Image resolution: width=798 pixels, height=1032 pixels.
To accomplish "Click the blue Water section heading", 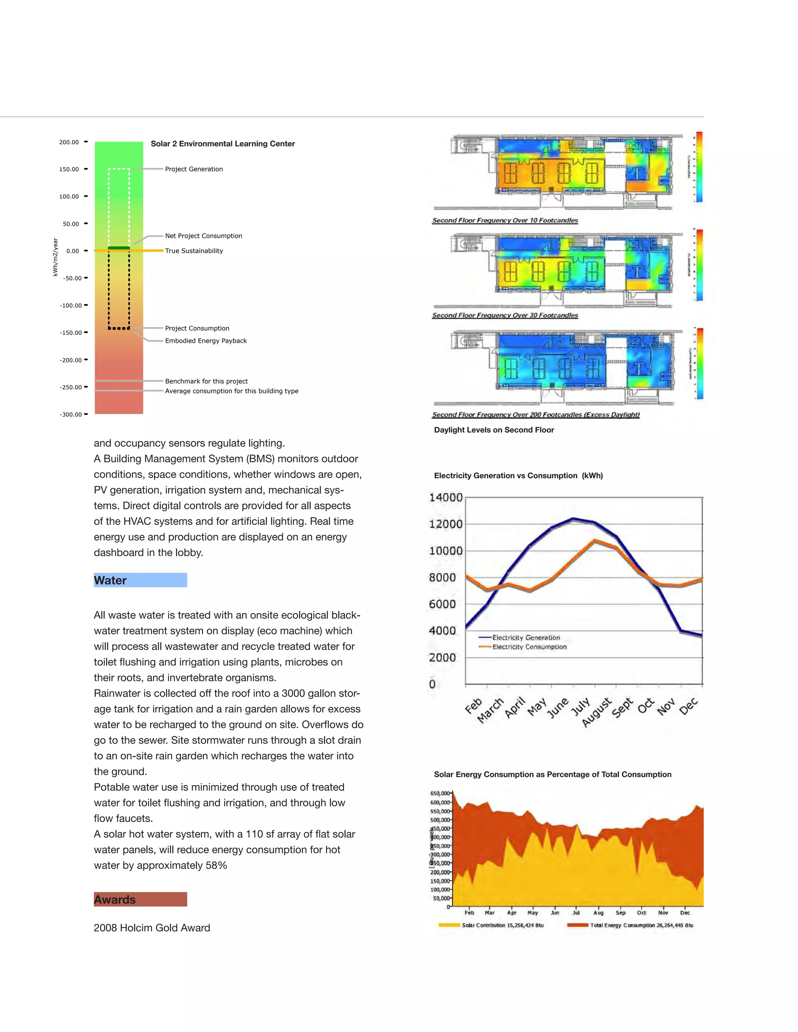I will pyautogui.click(x=140, y=580).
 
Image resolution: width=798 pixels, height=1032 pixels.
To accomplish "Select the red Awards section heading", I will pyautogui.click(x=140, y=899).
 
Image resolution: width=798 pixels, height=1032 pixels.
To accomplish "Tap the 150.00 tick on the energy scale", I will pyautogui.click(x=69, y=169).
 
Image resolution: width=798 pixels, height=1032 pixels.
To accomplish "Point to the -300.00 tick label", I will pyautogui.click(x=71, y=414).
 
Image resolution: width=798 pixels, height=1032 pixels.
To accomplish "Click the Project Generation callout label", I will pyautogui.click(x=194, y=169).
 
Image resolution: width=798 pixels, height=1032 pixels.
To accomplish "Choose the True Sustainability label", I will pyautogui.click(x=194, y=251).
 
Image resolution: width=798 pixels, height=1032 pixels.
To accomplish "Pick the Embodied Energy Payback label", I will pyautogui.click(x=206, y=341).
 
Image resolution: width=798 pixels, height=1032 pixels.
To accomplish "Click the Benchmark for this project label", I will pyautogui.click(x=206, y=381).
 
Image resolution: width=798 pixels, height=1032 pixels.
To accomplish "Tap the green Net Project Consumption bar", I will pyautogui.click(x=119, y=248).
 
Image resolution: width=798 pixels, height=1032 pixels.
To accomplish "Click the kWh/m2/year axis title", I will pyautogui.click(x=55, y=257).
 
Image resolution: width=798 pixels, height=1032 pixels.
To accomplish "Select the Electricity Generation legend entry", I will pyautogui.click(x=526, y=638).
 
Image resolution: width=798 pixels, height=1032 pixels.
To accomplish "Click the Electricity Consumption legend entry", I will pyautogui.click(x=529, y=647).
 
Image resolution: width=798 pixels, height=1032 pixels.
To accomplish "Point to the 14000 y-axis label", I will pyautogui.click(x=445, y=498).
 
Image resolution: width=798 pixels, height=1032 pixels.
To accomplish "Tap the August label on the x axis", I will pyautogui.click(x=597, y=713).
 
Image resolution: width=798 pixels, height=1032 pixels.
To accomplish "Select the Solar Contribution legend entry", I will pyautogui.click(x=502, y=925).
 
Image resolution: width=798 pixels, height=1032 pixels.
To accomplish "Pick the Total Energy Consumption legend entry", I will pyautogui.click(x=641, y=925).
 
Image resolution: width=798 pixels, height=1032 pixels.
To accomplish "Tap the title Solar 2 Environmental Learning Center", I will pyautogui.click(x=222, y=144).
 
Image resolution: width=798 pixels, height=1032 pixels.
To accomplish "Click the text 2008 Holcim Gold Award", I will pyautogui.click(x=152, y=928).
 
